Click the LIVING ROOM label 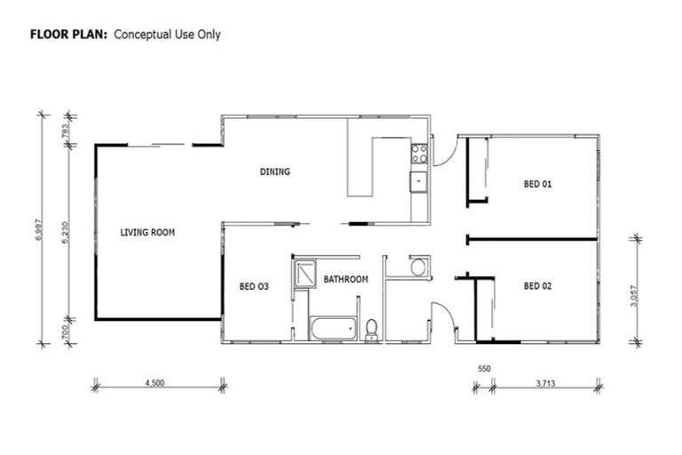[147, 233]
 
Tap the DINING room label [275, 172]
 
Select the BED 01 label [537, 185]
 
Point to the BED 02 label [537, 286]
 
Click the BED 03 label [254, 286]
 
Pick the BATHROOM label [345, 279]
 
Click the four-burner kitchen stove [418, 154]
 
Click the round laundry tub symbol [418, 267]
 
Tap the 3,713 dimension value [546, 385]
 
